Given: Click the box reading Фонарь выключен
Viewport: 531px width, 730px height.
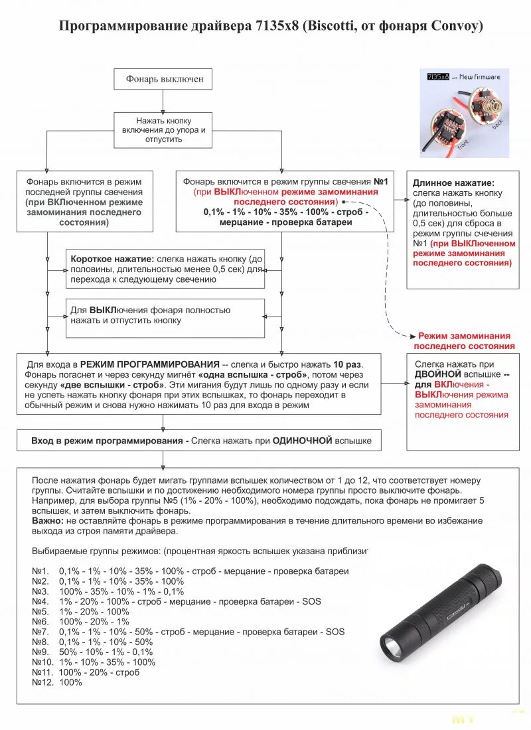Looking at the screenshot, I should (163, 79).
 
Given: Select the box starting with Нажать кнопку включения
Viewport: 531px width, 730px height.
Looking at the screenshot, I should (163, 131).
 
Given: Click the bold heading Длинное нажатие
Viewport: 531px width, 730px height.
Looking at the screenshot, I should (453, 183).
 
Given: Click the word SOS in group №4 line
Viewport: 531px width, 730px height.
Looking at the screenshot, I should (311, 601).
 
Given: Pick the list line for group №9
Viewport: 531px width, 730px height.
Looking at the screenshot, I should (92, 652).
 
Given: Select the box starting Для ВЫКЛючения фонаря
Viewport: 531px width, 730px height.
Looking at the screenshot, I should (165, 315).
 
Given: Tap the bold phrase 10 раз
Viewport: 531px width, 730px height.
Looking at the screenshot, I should (347, 364).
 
